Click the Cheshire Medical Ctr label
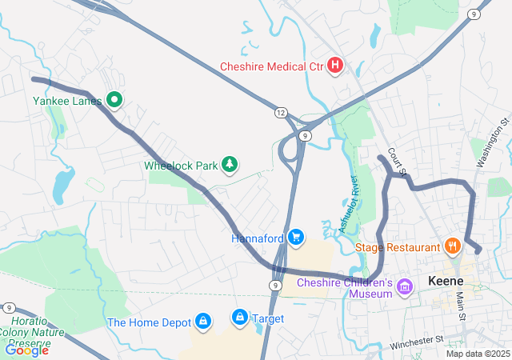273,65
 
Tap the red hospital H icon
335,65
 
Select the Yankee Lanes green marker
114,100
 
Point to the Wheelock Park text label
181,166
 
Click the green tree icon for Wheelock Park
230,165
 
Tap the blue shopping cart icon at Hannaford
296,237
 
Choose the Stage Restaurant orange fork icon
453,246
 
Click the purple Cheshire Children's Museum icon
405,286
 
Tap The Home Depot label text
150,322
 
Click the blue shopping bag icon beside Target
239,318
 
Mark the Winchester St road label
416,342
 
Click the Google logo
26,350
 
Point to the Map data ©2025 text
477,354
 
